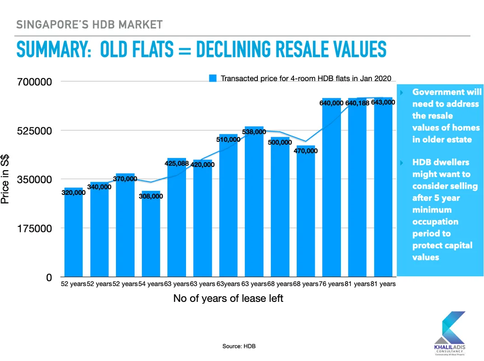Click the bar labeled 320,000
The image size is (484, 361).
tap(74, 232)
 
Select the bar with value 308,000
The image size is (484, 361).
tap(151, 234)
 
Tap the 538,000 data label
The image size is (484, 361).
tap(254, 132)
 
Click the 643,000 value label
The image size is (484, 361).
tap(383, 102)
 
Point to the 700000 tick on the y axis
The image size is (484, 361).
tap(34, 82)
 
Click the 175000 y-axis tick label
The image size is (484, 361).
tap(34, 229)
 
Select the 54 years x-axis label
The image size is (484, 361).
tap(151, 284)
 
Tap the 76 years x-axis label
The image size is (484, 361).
tap(331, 284)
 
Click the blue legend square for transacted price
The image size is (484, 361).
tap(213, 78)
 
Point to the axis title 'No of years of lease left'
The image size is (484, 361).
tap(228, 298)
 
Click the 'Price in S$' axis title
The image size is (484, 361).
tap(5, 179)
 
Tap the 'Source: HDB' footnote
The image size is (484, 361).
tap(239, 346)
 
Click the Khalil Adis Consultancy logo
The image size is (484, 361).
tap(450, 333)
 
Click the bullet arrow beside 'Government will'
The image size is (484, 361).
tap(401, 93)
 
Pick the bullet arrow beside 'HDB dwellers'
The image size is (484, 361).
tap(401, 162)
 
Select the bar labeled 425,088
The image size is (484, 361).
tap(177, 217)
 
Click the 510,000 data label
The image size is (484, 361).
tap(228, 139)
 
